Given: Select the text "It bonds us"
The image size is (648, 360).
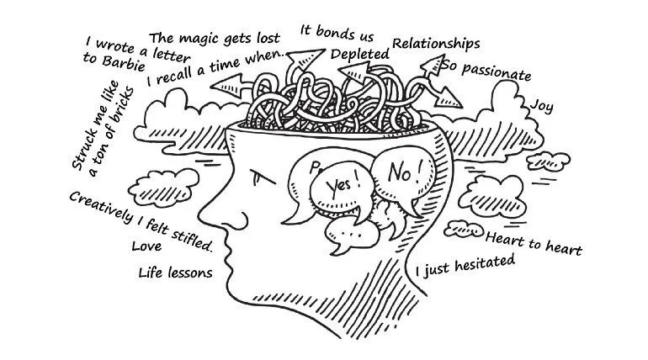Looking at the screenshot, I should (337, 33).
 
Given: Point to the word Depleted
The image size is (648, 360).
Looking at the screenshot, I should (360, 54).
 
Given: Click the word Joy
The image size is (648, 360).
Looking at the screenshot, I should (542, 106).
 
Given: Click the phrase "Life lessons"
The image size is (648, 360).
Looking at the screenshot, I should (175, 272).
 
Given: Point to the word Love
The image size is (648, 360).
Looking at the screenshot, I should (146, 246).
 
